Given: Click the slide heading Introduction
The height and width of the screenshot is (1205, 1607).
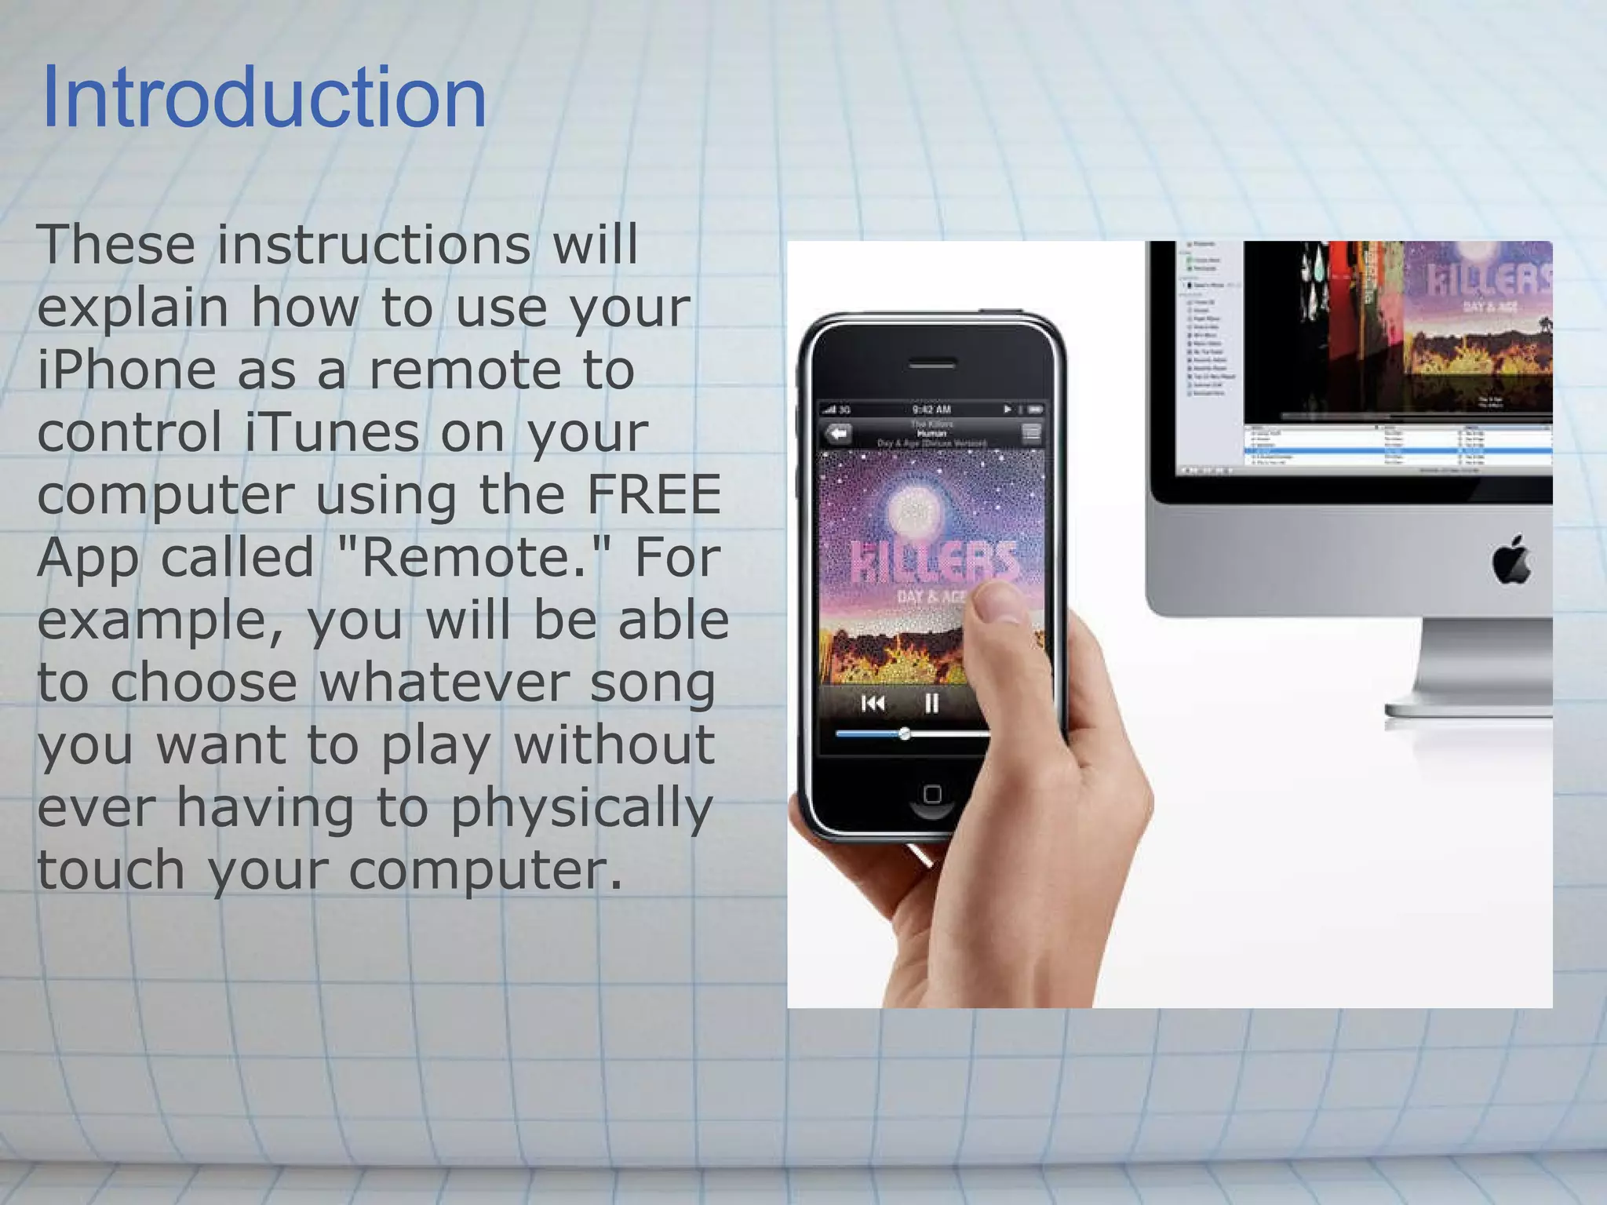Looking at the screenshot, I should tap(264, 97).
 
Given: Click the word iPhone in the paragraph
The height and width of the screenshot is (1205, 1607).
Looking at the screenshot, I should tap(126, 370).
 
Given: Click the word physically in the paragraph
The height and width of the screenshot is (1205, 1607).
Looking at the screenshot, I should tap(581, 808).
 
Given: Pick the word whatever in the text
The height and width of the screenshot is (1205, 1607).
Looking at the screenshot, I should tap(444, 683).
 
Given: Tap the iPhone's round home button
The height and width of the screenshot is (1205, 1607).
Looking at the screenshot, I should tap(931, 794).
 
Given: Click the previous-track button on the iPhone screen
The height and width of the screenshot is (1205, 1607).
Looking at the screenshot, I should tap(873, 703).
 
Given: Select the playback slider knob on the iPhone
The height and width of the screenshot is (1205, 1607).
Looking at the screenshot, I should tap(905, 734).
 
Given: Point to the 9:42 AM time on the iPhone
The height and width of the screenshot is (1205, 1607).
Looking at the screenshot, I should tap(931, 410).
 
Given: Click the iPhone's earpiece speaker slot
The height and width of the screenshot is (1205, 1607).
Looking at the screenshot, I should tap(931, 365).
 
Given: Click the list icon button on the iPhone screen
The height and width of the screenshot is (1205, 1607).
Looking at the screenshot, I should tap(1031, 434).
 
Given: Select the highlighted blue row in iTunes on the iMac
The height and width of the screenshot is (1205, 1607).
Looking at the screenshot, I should tap(1397, 451).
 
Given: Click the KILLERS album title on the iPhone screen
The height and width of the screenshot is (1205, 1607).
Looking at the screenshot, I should tap(934, 562).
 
